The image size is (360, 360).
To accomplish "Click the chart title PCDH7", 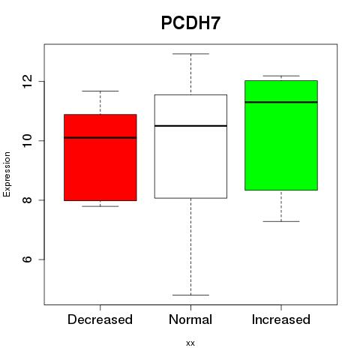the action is click(190, 23).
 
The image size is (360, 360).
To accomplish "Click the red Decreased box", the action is click(100, 157).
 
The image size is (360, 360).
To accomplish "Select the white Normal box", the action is click(190, 146).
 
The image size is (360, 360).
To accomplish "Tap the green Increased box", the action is click(281, 135).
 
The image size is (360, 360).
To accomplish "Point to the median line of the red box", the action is click(100, 137).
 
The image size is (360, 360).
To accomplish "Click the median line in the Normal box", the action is click(190, 126).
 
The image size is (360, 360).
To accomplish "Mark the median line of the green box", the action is click(281, 102).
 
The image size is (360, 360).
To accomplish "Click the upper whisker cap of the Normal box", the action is click(190, 54).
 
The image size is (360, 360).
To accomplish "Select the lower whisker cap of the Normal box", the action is click(190, 295).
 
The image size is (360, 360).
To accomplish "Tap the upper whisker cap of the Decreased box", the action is click(100, 91).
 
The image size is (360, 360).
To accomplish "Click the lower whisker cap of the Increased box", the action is click(281, 221).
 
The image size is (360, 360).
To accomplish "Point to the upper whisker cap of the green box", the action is click(281, 76).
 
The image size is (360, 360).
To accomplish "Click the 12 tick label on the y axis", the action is click(27, 81).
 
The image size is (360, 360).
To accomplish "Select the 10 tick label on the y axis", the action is click(27, 141).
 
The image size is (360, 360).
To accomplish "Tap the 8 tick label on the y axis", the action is click(27, 200).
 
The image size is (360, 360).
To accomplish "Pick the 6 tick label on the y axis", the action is click(27, 259).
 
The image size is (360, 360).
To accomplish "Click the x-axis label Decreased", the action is click(100, 319).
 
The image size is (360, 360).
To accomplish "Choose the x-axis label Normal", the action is click(190, 319).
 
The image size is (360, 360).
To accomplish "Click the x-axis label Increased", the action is click(281, 319).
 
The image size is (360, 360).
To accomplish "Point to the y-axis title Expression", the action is click(7, 174).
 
